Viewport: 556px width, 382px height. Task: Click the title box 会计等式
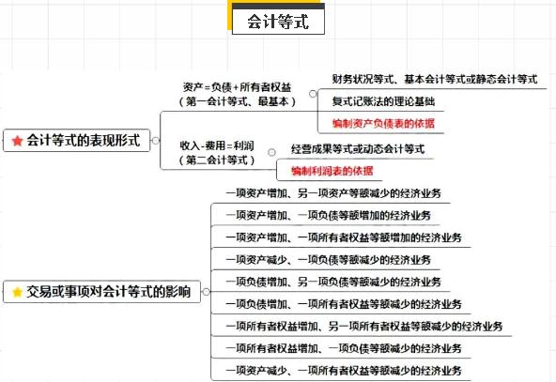pos(278,22)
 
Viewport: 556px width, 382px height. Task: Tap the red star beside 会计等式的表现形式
pos(17,141)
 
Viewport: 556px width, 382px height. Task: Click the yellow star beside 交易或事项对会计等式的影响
pos(17,292)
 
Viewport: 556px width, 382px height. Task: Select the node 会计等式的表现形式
pos(77,141)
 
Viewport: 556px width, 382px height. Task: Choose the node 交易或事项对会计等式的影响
pos(101,292)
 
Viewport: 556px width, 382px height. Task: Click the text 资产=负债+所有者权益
pos(238,86)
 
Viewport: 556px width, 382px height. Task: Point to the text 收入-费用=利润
pos(217,145)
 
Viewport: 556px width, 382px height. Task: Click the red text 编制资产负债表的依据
pos(383,123)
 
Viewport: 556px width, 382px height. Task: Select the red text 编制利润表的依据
pos(332,171)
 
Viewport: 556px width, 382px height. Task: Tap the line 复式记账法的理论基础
pos(383,101)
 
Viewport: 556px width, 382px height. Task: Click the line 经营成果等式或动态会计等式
pos(358,149)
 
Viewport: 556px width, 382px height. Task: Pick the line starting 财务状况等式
pos(435,79)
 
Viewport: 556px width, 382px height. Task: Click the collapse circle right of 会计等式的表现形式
pos(155,141)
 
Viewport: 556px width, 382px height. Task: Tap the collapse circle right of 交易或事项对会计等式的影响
pos(206,292)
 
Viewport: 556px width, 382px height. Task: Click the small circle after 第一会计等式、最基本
pos(313,94)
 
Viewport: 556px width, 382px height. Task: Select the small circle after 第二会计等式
pos(271,152)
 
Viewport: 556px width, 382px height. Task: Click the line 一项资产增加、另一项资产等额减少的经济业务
pos(333,193)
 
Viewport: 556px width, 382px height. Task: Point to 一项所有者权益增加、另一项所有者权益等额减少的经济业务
pos(364,326)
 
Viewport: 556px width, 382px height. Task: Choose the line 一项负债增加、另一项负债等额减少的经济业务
pos(333,282)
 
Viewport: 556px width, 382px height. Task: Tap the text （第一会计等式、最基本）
pos(238,101)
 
